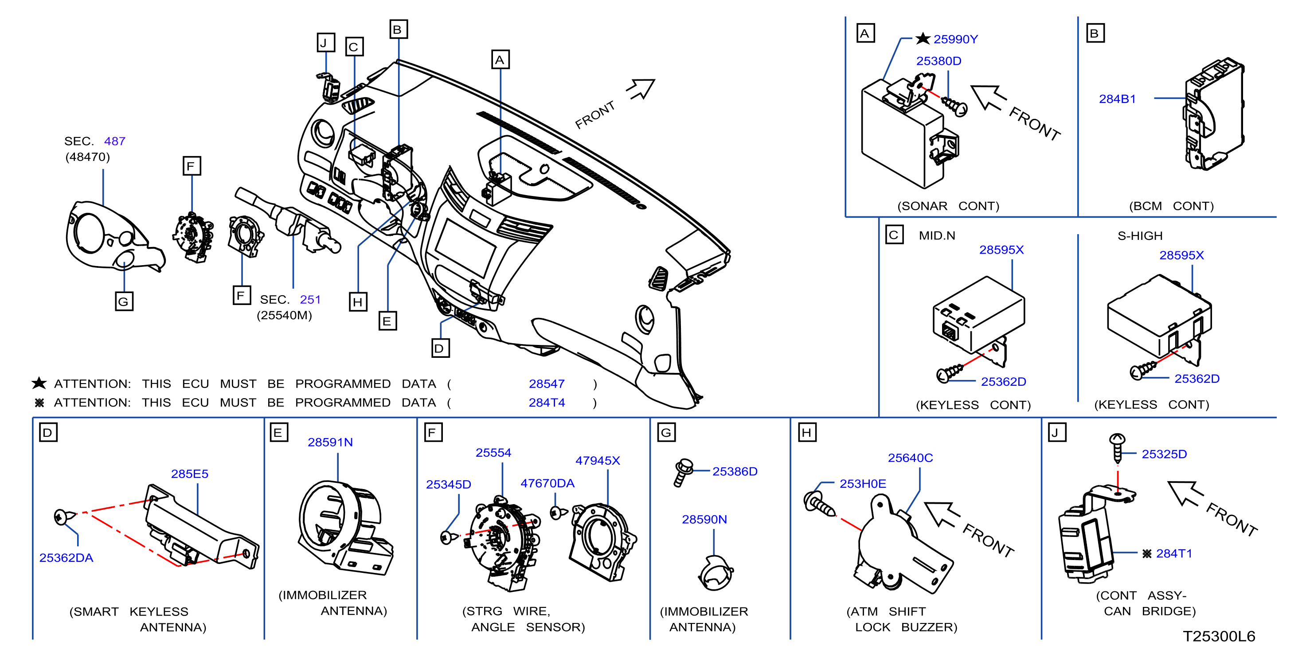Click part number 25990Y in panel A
pos(955,39)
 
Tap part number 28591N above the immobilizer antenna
pos(330,442)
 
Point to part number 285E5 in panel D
pos(190,474)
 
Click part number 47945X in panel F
pos(598,460)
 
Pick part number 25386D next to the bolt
pos(735,471)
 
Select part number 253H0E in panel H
pos(863,484)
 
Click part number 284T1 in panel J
pos(1174,553)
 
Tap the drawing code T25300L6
pos(1219,636)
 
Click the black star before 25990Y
pos(923,39)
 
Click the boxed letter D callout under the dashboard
pos(440,349)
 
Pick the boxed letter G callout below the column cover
pos(124,302)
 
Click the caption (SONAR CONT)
pos(948,206)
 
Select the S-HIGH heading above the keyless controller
pos(1140,235)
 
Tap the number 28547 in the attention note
pos(547,384)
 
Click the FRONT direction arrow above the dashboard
pos(641,89)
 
